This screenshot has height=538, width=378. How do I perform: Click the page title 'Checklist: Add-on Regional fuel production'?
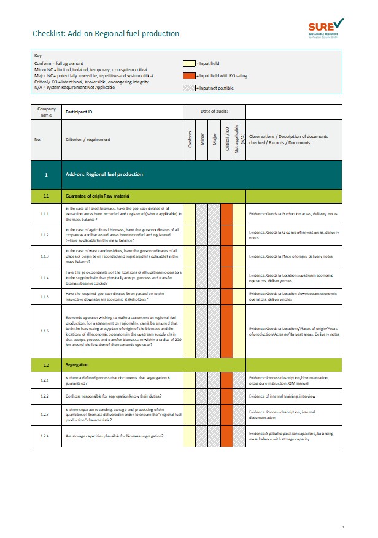pos(106,33)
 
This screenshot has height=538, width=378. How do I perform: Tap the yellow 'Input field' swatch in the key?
pos(189,63)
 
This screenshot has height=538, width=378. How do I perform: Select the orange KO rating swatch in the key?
pos(189,75)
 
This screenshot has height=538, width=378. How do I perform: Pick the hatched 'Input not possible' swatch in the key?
pos(189,88)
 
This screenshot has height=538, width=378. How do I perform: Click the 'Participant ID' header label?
pos(79,112)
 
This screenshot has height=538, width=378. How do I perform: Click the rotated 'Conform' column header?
pos(190,140)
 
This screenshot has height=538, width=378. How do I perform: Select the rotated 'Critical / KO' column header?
pos(226,140)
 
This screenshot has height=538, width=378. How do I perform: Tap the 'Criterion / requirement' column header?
pos(88,140)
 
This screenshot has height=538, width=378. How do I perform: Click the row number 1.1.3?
pos(46,256)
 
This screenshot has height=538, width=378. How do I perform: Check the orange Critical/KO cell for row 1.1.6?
pos(226,331)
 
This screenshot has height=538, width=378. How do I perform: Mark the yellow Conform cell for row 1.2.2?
pos(190,398)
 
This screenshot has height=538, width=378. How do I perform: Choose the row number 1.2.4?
pos(46,436)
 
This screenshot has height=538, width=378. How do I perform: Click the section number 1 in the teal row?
pos(46,175)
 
